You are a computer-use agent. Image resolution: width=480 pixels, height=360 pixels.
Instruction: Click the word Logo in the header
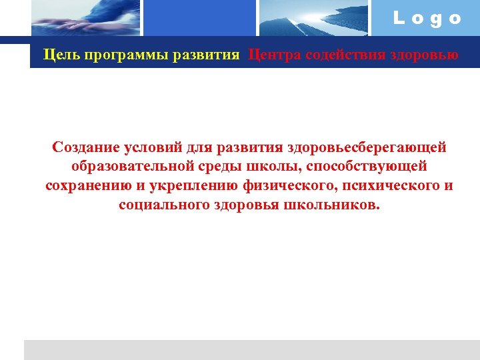[x=427, y=19]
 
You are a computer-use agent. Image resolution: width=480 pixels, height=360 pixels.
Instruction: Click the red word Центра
[x=273, y=54]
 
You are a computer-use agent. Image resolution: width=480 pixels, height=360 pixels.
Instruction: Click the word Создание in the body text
[x=86, y=146]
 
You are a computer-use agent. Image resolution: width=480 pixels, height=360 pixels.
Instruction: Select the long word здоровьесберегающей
[x=365, y=146]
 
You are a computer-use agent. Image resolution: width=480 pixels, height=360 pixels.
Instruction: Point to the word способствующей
[x=367, y=165]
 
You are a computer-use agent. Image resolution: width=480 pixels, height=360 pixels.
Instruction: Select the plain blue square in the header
[x=200, y=18]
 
